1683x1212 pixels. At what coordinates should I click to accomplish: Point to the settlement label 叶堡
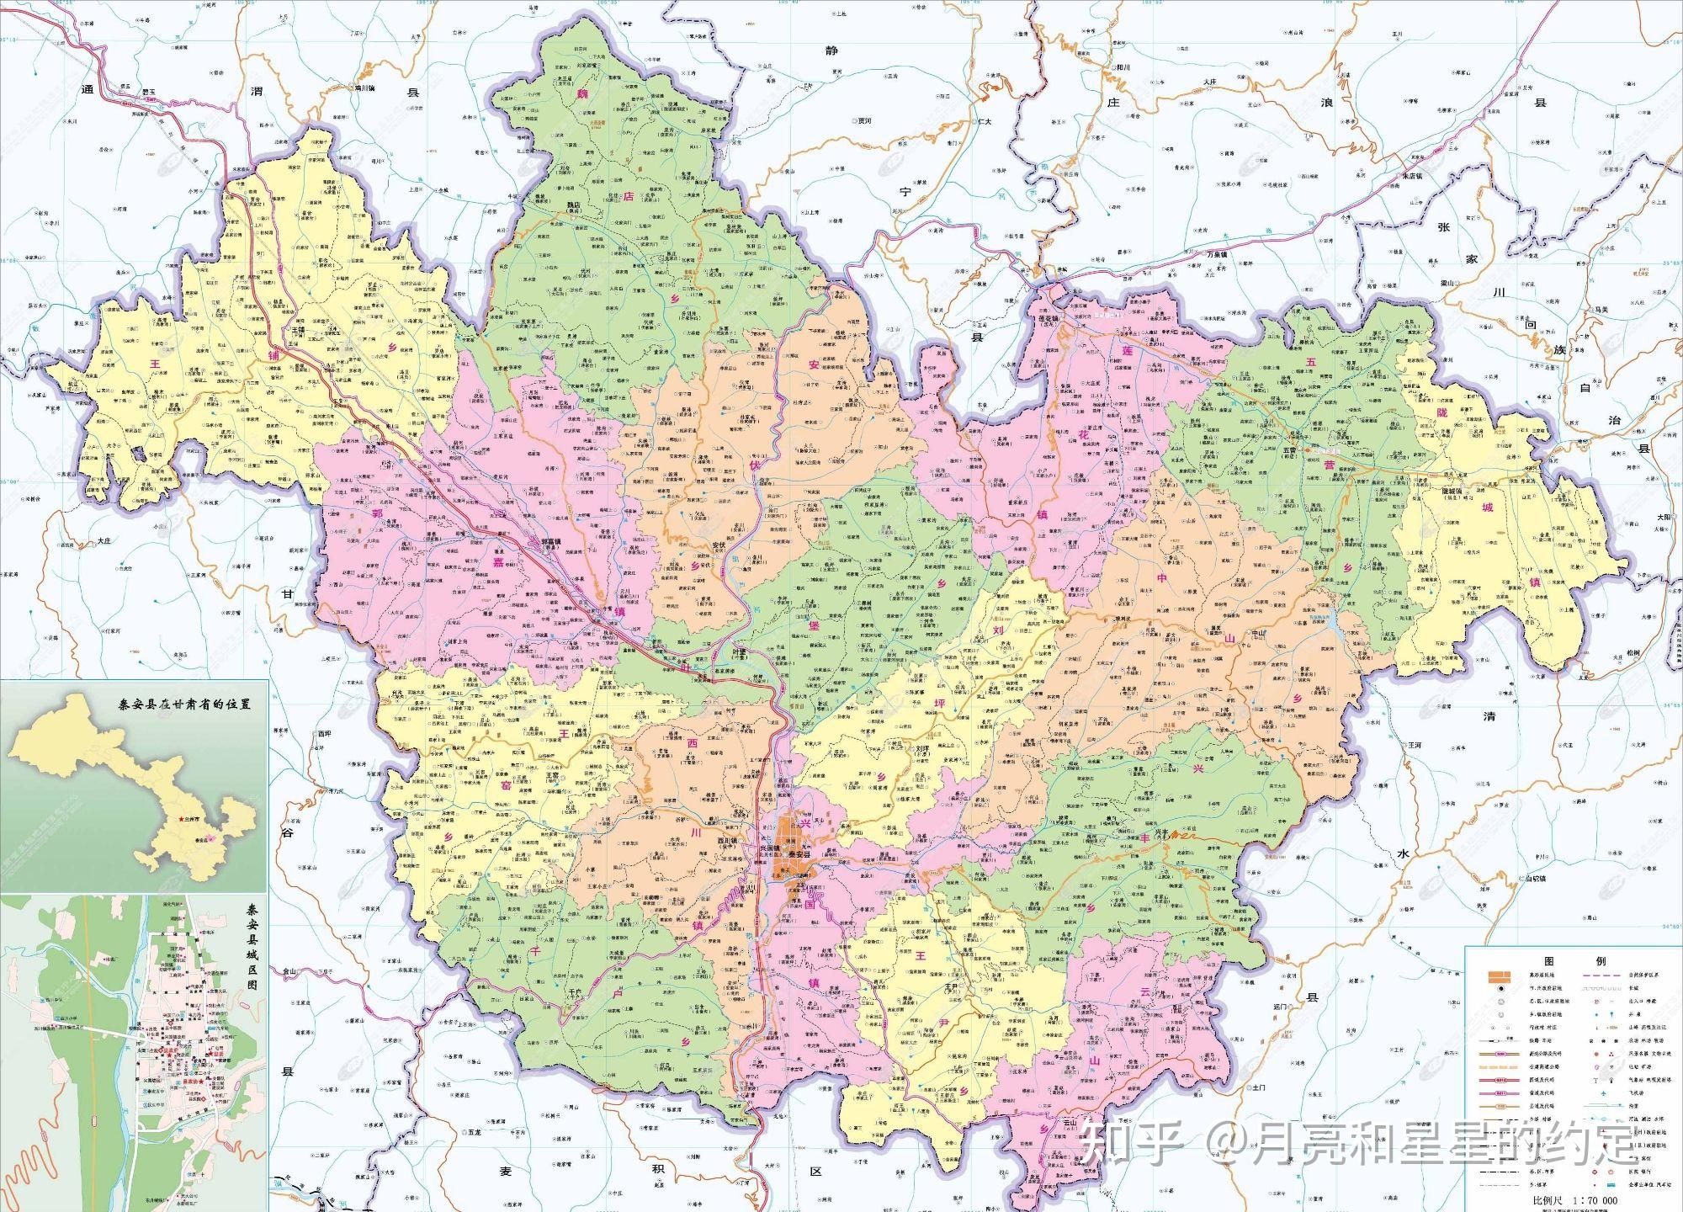[x=741, y=652]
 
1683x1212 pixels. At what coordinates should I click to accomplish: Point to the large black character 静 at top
[x=832, y=50]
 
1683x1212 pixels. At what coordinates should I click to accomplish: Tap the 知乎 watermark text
[x=1132, y=1142]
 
